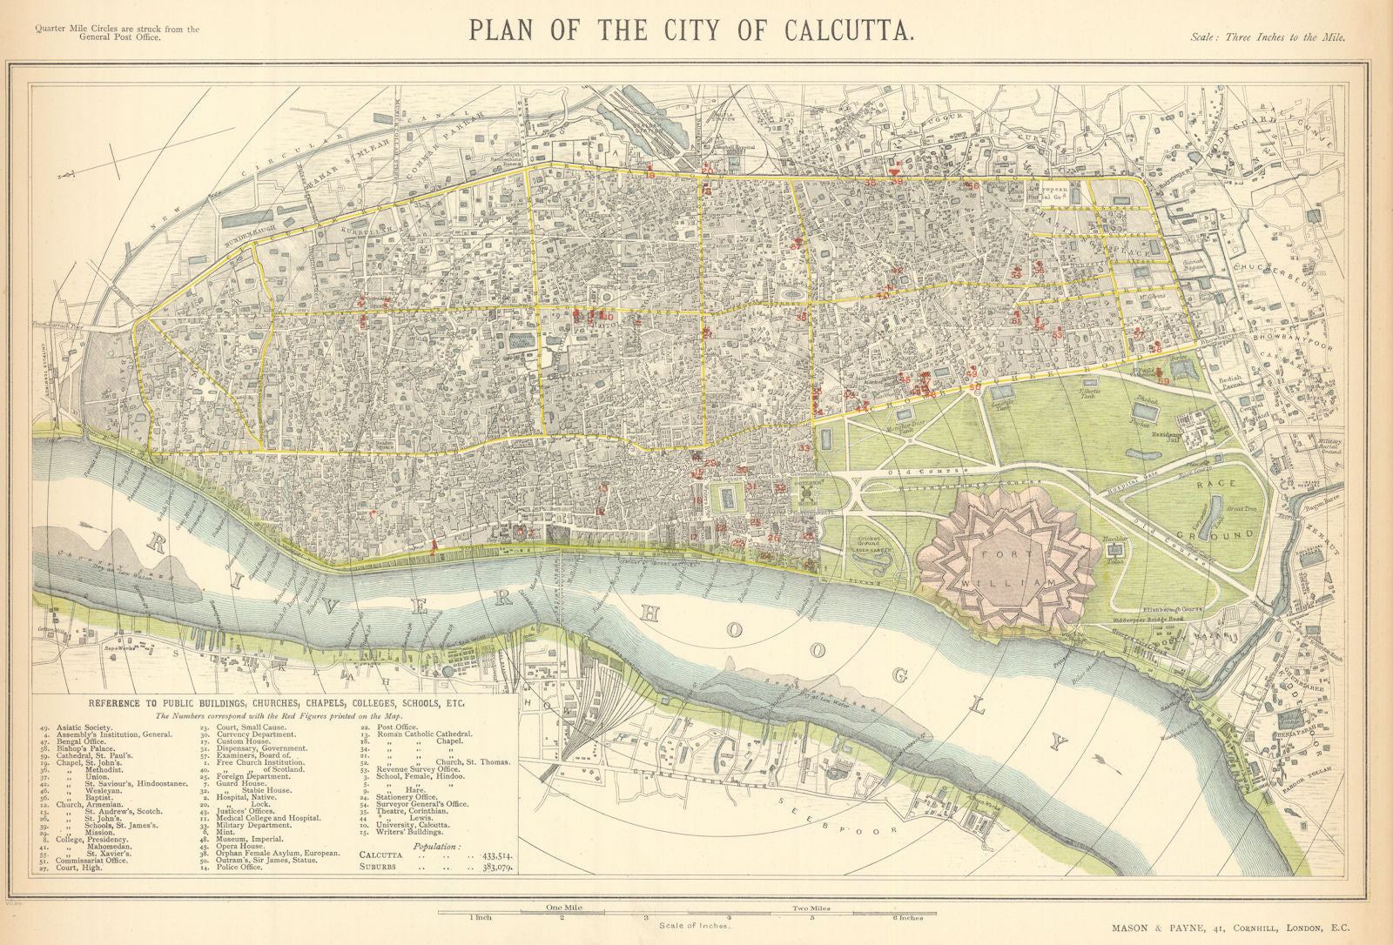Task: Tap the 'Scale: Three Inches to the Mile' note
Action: pos(1267,37)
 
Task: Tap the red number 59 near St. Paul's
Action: pos(1164,381)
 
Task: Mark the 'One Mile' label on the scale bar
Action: pos(562,908)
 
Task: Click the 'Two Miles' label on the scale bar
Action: pos(811,908)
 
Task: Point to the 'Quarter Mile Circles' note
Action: pos(117,30)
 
